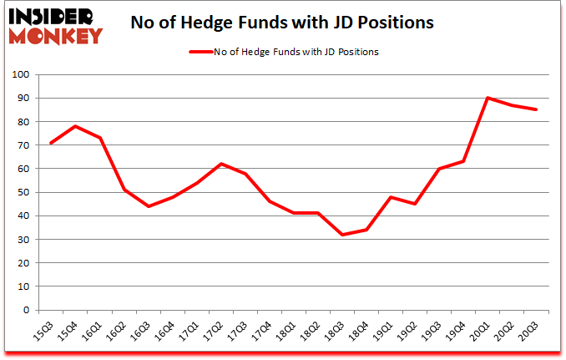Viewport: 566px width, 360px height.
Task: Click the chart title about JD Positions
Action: (x=283, y=23)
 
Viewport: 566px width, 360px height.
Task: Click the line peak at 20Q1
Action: (x=487, y=98)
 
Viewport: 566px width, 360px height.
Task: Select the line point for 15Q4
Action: (x=76, y=126)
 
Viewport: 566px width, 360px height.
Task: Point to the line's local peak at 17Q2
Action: (x=220, y=164)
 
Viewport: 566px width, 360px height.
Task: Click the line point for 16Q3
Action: (x=149, y=206)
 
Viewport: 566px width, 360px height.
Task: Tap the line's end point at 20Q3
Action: (x=535, y=109)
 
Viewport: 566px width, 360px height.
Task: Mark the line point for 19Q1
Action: (x=391, y=197)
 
